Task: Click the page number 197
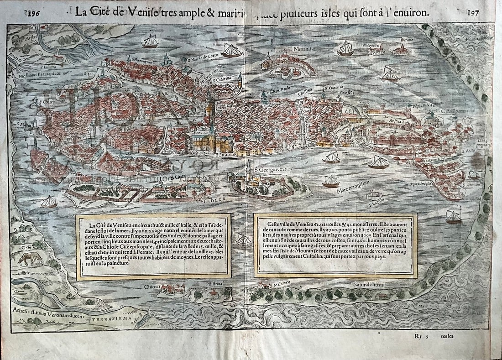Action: [x=473, y=13]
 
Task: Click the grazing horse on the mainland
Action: [x=29, y=259]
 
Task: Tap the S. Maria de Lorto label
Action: [x=200, y=57]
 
